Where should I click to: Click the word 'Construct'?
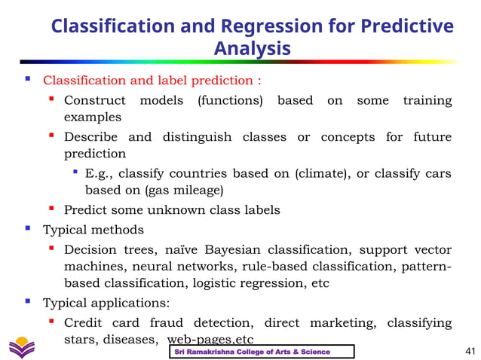click(x=94, y=100)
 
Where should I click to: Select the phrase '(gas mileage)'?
click(x=184, y=191)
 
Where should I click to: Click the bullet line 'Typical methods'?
click(x=93, y=230)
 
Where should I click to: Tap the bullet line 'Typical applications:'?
click(x=106, y=304)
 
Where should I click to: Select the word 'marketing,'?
click(x=343, y=323)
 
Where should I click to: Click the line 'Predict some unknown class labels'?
click(x=172, y=210)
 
